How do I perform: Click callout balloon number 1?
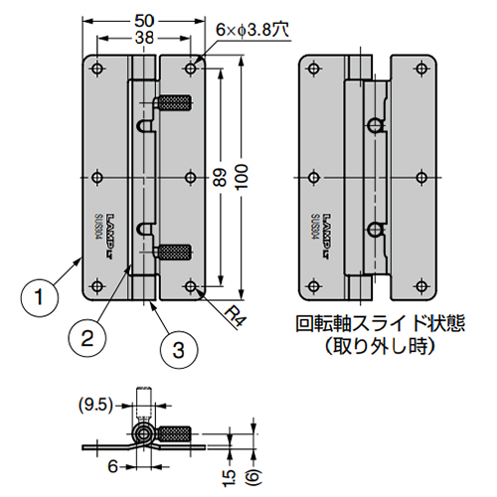(38, 295)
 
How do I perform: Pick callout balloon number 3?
(177, 349)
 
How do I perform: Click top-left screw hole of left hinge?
(97, 69)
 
